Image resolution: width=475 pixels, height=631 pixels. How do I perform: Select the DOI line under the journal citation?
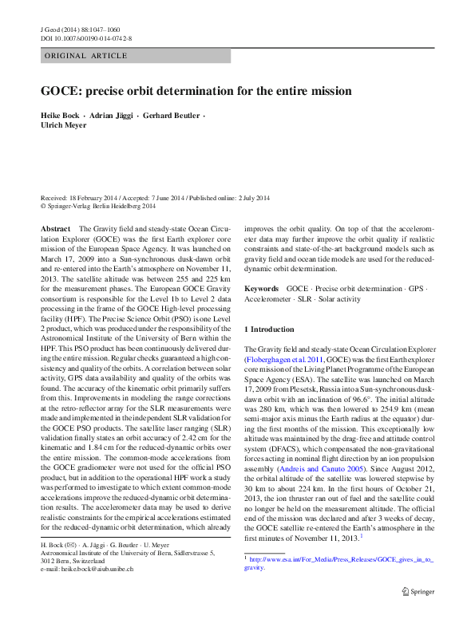tap(86, 38)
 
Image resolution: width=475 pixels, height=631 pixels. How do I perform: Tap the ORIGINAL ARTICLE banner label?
tap(86, 56)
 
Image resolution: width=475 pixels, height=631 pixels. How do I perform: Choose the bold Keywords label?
tap(262, 287)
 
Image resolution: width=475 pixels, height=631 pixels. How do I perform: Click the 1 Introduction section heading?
tap(269, 329)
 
